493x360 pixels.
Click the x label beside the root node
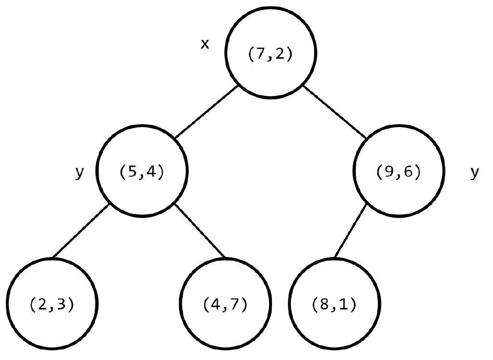pyautogui.click(x=205, y=44)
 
